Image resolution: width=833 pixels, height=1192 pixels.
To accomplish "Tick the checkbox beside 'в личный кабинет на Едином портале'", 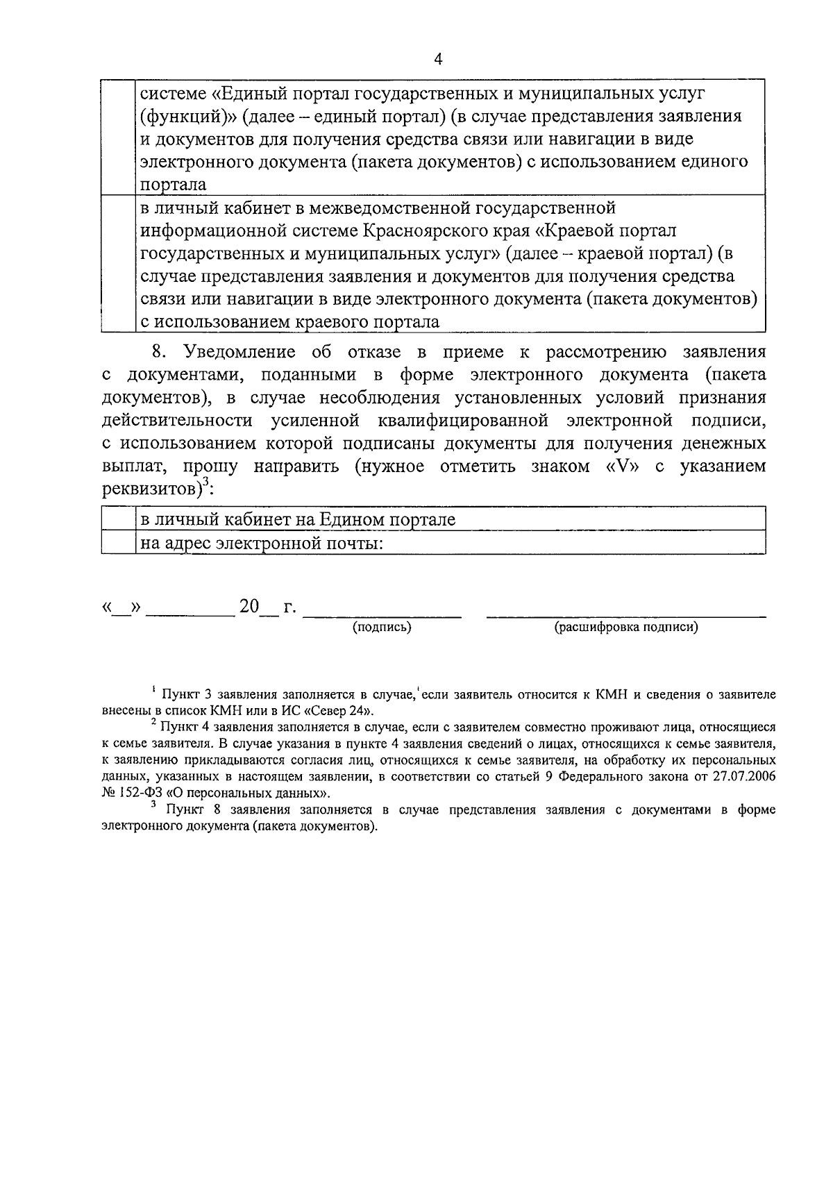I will (x=118, y=519).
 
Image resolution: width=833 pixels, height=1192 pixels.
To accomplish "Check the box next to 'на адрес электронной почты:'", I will (x=118, y=543).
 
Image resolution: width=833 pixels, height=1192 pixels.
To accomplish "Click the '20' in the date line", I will (x=249, y=607).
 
